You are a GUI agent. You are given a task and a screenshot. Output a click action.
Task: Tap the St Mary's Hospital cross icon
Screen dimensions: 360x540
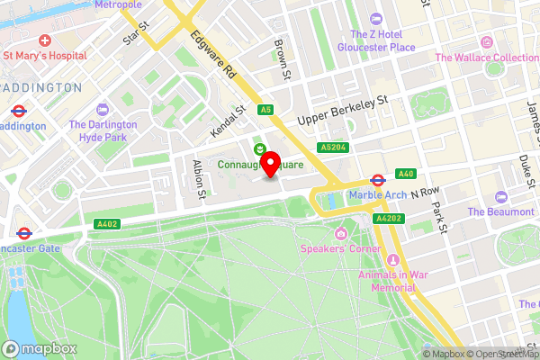pos(45,40)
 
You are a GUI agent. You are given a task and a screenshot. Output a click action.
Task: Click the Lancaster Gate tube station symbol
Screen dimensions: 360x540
pos(24,232)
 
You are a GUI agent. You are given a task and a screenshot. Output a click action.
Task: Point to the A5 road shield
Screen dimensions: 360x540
pos(265,110)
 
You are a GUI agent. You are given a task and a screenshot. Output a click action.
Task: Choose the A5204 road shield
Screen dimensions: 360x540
pos(332,146)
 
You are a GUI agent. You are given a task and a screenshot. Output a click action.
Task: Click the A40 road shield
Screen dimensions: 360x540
pos(405,174)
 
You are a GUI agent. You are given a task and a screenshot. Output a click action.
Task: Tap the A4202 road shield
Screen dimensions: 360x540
pos(388,218)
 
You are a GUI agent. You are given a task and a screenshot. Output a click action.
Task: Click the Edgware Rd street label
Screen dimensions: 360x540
pos(213,55)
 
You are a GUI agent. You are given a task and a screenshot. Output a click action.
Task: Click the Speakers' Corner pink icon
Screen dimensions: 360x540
pos(342,236)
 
